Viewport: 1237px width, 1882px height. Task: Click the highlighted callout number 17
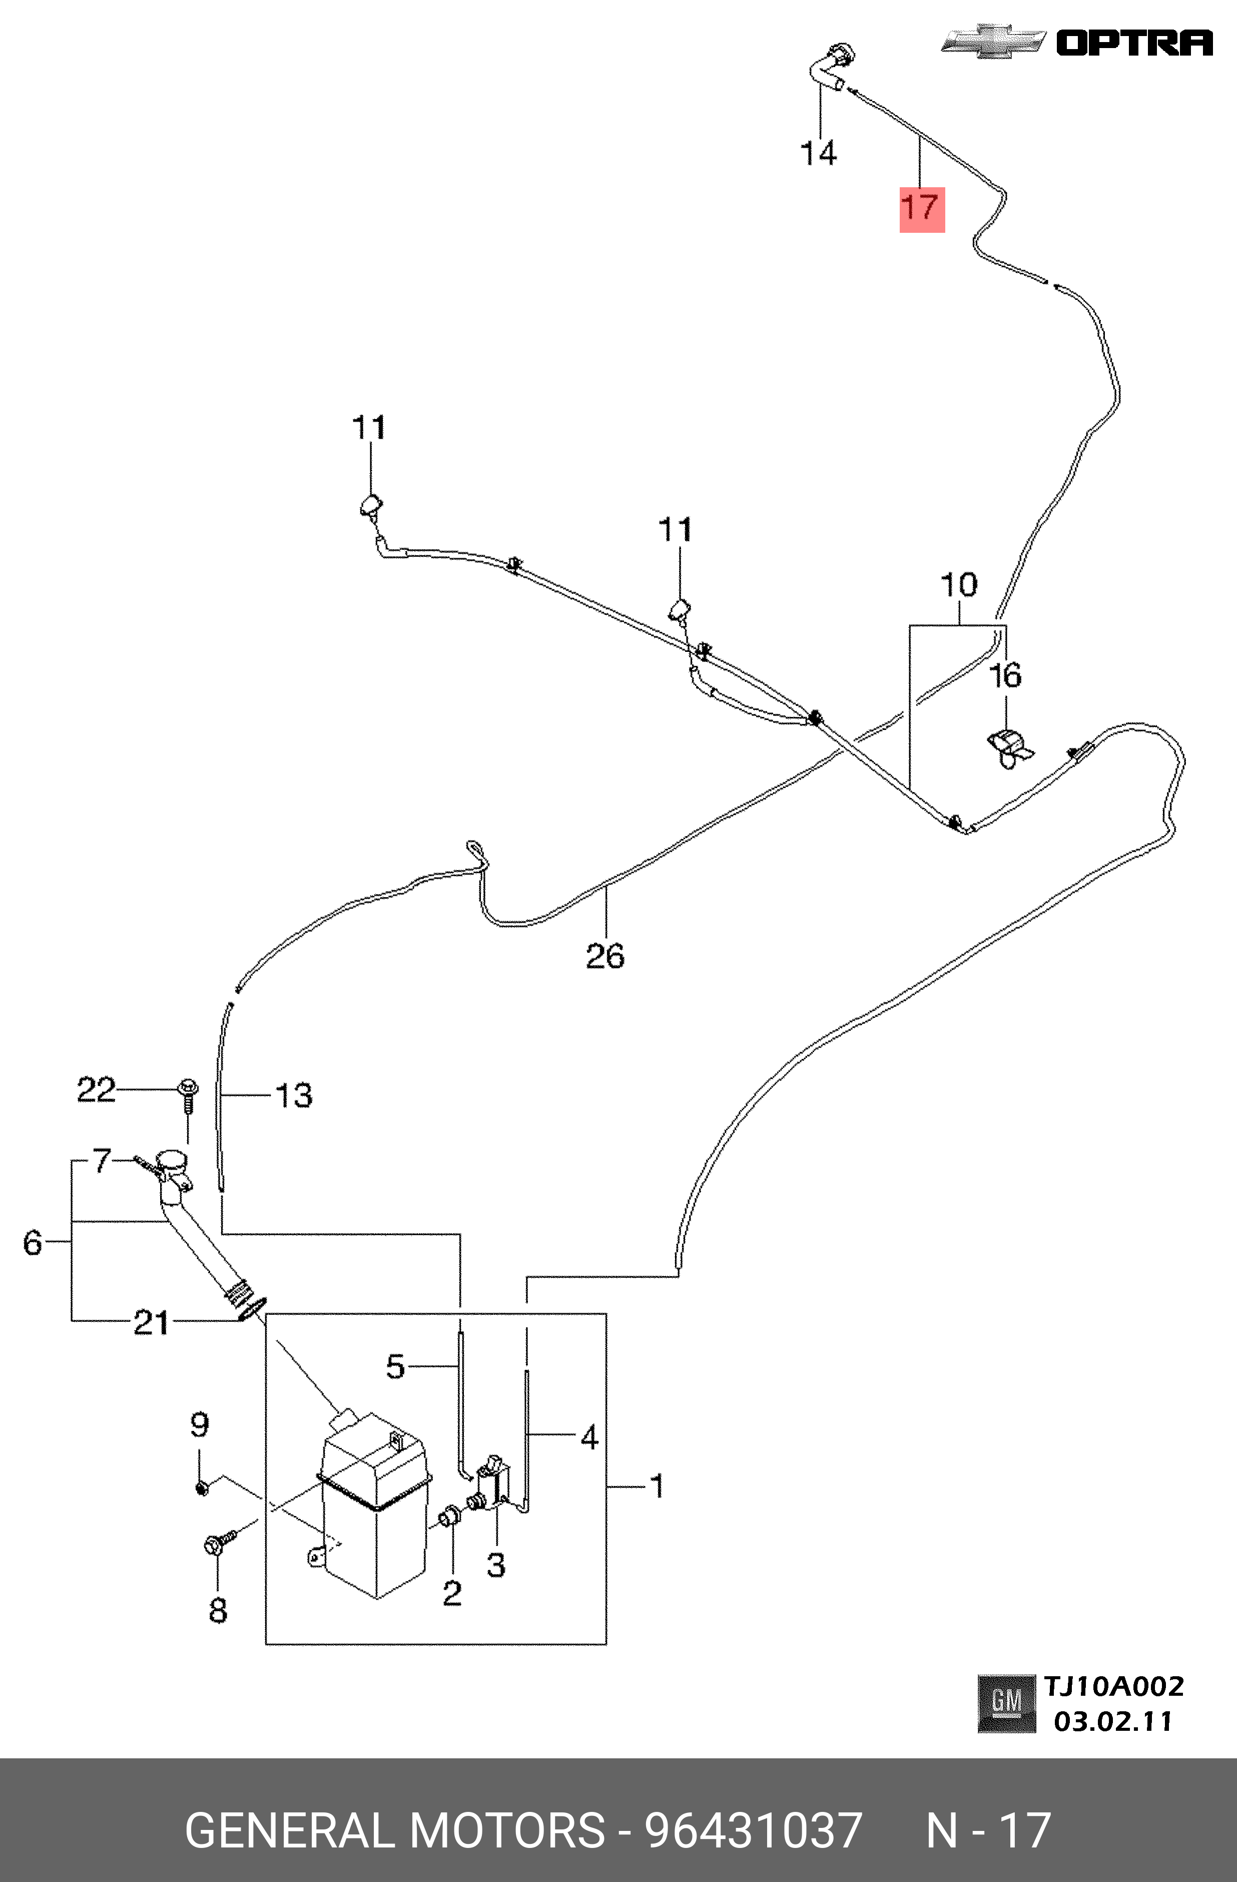click(922, 209)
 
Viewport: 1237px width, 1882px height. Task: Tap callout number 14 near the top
click(819, 153)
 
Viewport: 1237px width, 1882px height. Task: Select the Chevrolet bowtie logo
click(994, 41)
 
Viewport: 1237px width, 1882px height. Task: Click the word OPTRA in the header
click(1135, 42)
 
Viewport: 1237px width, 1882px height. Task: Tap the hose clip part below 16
click(1011, 748)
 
